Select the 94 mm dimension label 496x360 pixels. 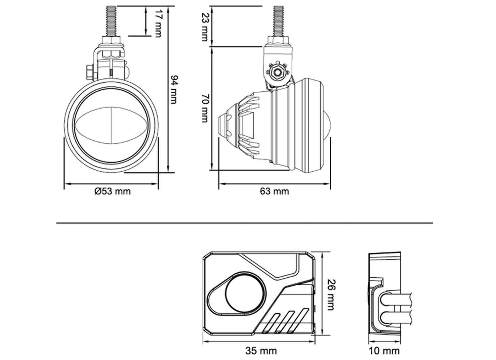click(x=174, y=89)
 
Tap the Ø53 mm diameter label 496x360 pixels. click(x=112, y=191)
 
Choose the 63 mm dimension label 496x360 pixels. click(x=274, y=191)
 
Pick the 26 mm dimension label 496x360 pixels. click(x=331, y=295)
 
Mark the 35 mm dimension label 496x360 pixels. click(x=261, y=350)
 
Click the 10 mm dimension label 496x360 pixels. click(x=384, y=350)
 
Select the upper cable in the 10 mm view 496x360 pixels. click(x=397, y=300)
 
